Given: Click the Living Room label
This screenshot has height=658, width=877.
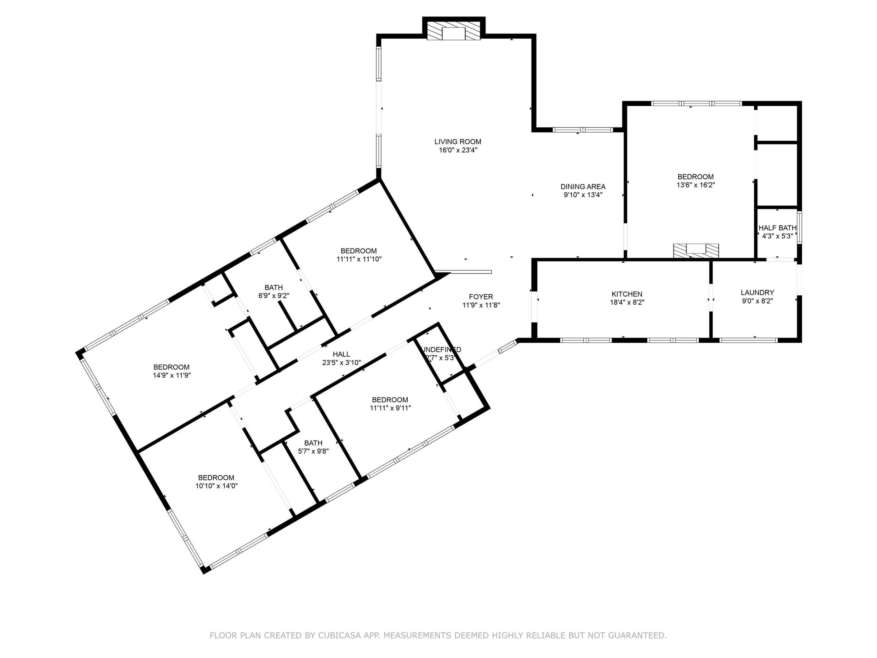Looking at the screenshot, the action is pos(458,142).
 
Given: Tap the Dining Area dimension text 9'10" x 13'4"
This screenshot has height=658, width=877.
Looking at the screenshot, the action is pos(583,195).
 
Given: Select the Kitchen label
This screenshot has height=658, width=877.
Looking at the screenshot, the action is pos(627,294).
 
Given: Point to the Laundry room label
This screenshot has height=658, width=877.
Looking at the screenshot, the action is pos(757,293).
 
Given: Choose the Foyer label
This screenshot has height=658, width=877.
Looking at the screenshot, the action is pos(481,297).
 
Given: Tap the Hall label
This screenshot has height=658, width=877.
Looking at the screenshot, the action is pos(341,354).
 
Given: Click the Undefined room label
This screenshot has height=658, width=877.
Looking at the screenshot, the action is pos(441,350).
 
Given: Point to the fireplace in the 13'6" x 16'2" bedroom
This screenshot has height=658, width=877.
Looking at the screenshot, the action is pos(696,250).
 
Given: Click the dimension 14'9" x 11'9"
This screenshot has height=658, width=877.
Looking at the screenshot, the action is pos(172,375).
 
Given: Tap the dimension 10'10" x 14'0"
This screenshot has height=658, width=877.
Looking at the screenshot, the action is pos(217,486).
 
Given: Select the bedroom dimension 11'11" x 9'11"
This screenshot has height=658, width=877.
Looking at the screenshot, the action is pos(390,408).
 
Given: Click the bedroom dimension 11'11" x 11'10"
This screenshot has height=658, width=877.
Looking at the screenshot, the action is pos(358,259).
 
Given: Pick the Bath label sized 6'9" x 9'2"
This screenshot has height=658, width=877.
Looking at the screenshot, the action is pos(274,288).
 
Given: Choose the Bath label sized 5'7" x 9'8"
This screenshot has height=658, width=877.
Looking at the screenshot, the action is pos(313,443).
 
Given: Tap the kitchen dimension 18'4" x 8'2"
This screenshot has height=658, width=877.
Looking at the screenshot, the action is pos(627,302).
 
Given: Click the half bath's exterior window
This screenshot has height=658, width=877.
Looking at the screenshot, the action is pos(800,227).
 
